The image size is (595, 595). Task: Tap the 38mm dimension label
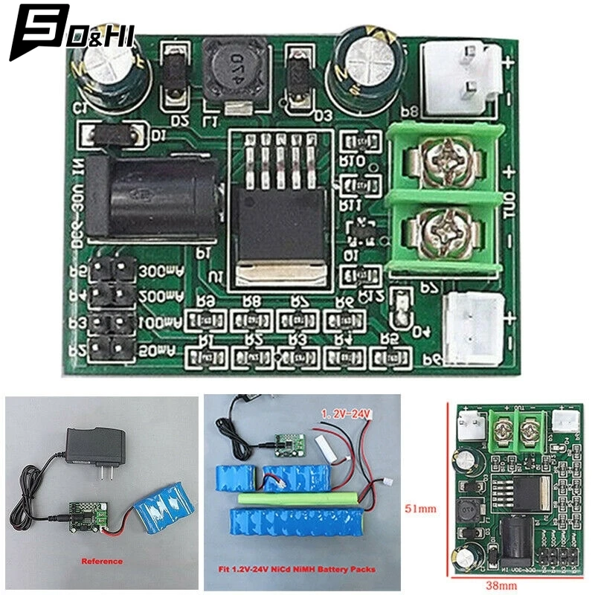(507, 585)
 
